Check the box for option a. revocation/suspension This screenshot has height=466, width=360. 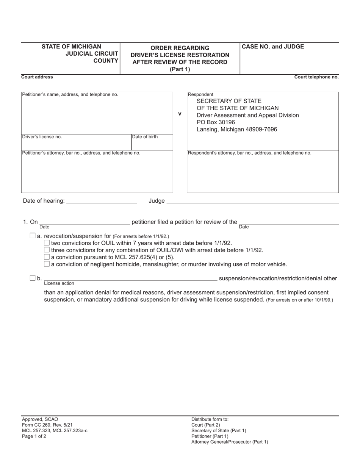pyautogui.click(x=33, y=236)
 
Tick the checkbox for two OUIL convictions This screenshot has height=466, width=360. pyautogui.click(x=47, y=243)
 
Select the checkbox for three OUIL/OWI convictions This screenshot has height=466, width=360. pyautogui.click(x=47, y=250)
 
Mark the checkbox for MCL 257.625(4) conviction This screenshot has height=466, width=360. pyautogui.click(x=47, y=257)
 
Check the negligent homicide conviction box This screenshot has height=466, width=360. pyautogui.click(x=47, y=264)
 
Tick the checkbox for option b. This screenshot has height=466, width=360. pyautogui.click(x=33, y=278)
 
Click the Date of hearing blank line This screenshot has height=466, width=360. pyautogui.click(x=101, y=201)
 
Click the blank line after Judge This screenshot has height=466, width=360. pyautogui.click(x=252, y=201)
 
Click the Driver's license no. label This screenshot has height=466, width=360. pyautogui.click(x=42, y=137)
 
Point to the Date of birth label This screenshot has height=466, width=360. pyautogui.click(x=145, y=137)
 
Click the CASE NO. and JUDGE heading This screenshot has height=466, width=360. pyautogui.click(x=273, y=47)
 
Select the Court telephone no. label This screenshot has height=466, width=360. pyautogui.click(x=316, y=77)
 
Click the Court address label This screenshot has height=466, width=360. pyautogui.click(x=37, y=77)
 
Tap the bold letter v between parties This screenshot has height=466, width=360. pyautogui.click(x=180, y=114)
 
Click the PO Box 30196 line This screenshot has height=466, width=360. pyautogui.click(x=216, y=122)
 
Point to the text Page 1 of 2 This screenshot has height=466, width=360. pyautogui.click(x=34, y=436)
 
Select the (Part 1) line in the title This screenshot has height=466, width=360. pyautogui.click(x=180, y=69)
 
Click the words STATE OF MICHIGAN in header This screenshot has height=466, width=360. pyautogui.click(x=71, y=47)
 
